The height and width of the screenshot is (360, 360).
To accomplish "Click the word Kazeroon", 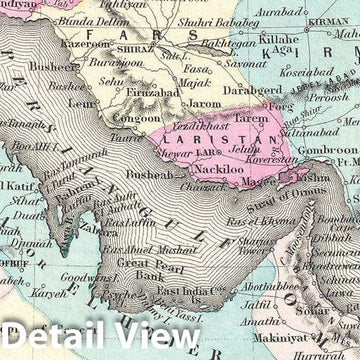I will tap(85, 45).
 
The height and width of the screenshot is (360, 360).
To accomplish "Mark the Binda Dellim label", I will tap(93, 20).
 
